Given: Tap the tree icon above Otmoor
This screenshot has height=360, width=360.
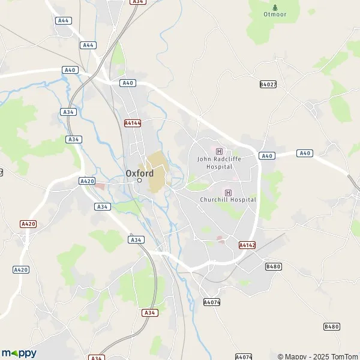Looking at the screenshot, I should [x=274, y=7].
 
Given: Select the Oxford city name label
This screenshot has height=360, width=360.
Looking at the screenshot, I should [x=139, y=173].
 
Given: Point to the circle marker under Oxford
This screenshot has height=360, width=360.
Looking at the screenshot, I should [x=139, y=180].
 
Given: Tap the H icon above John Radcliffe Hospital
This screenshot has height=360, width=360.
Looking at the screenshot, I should [x=218, y=151].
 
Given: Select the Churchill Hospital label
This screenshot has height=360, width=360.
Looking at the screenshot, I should [x=227, y=199].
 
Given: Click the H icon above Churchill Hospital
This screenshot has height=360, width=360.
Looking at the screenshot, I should [x=228, y=192].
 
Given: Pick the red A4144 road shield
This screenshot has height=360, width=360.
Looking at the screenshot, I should [x=133, y=123].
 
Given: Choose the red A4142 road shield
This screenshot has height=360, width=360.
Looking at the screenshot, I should [x=247, y=245].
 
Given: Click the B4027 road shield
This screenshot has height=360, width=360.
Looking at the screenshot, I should [x=268, y=85].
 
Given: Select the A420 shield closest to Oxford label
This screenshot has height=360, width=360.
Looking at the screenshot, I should [x=87, y=181].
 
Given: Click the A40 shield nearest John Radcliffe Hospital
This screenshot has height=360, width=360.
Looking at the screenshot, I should [x=267, y=156].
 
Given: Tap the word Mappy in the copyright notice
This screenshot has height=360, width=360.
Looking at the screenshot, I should [x=295, y=356].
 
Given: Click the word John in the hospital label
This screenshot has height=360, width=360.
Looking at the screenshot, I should [x=204, y=159].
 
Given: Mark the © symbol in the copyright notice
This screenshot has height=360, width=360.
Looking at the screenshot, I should [x=280, y=356].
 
